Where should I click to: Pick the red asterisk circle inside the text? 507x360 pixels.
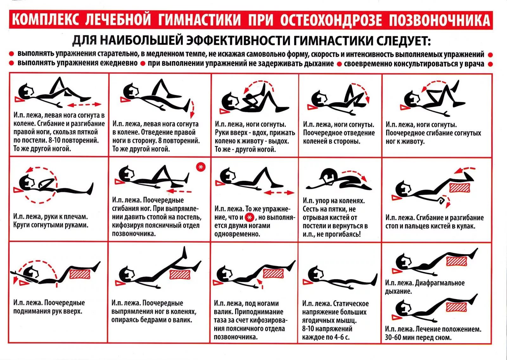tap(250, 218)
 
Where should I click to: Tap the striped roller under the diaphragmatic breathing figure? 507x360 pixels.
tap(456, 261)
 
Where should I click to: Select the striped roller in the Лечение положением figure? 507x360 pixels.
tap(456, 307)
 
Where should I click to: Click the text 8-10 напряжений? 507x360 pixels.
tap(327, 329)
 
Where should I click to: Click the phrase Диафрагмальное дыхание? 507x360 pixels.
tap(425, 287)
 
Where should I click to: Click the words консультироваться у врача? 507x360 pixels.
tap(414, 63)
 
